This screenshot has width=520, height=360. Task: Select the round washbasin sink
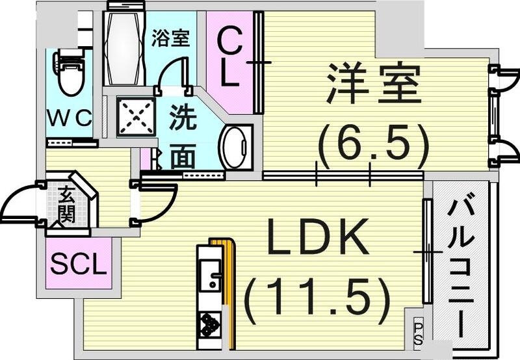[x=233, y=147]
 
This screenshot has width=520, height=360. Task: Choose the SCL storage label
[x=78, y=264]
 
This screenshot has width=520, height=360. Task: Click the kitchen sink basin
[x=210, y=276]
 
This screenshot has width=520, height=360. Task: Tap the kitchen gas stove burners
[x=210, y=323]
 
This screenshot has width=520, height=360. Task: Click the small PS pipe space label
[x=418, y=331]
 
